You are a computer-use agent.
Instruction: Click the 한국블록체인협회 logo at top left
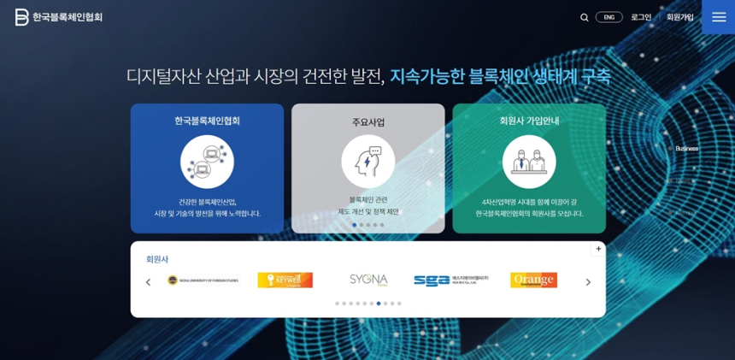click(58, 17)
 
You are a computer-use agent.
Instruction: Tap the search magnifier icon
click(585, 17)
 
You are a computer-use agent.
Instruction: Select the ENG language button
click(609, 17)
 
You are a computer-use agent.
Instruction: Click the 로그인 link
click(641, 17)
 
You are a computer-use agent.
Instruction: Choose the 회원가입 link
click(680, 17)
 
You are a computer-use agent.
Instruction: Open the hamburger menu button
click(718, 17)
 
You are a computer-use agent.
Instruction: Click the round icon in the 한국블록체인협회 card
click(207, 162)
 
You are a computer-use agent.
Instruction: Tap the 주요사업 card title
click(368, 122)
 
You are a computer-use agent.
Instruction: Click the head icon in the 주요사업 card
click(368, 162)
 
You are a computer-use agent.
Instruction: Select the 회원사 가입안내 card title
click(529, 121)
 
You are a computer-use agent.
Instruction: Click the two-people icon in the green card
click(529, 162)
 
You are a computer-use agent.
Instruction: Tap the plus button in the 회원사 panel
click(598, 249)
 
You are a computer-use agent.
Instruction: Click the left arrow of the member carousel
click(148, 282)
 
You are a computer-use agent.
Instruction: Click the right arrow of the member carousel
click(588, 282)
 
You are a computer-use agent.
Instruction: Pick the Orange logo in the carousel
click(533, 280)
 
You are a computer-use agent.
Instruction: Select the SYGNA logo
click(368, 280)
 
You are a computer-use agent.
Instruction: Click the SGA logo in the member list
click(450, 280)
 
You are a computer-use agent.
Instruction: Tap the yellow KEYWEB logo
click(285, 280)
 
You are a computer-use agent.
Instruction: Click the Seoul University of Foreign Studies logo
click(203, 280)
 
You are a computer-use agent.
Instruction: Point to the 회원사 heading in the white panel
click(157, 259)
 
